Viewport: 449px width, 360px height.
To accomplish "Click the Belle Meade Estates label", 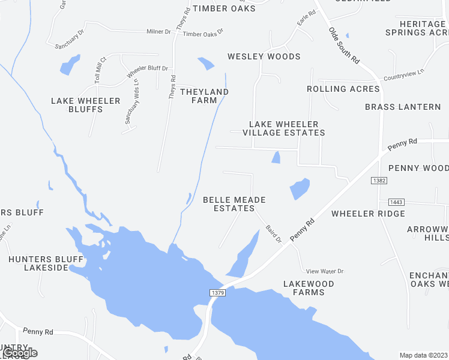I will [234, 204].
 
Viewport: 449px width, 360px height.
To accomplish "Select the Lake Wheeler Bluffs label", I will [86, 105].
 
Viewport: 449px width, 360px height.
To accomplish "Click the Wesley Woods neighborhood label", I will [264, 57].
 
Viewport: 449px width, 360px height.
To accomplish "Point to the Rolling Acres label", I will [343, 89].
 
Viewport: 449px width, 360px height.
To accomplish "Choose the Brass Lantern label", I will [403, 107].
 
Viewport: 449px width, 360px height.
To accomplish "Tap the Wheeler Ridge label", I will [368, 214].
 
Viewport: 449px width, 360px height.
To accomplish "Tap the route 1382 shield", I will [378, 179].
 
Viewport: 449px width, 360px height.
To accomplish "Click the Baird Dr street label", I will [274, 234].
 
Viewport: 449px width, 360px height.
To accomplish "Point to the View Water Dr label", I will [324, 271].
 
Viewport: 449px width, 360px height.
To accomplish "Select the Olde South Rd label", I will [343, 46].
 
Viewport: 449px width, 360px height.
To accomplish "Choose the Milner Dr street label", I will [159, 31].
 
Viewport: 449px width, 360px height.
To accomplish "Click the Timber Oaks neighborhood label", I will [224, 8].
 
